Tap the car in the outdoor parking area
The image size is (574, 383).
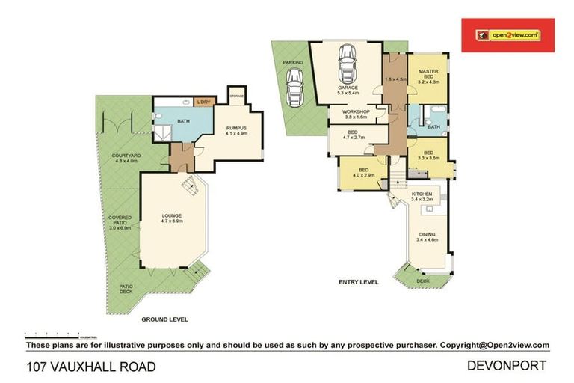(x=295, y=84)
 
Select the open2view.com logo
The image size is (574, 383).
(x=509, y=35)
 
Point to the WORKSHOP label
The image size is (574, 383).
(x=357, y=114)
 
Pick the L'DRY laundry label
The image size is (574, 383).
(x=203, y=103)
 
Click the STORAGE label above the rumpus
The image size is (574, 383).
(x=237, y=96)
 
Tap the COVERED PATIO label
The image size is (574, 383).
(x=120, y=223)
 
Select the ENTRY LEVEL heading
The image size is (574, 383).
(x=358, y=282)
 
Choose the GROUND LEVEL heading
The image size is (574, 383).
(x=164, y=319)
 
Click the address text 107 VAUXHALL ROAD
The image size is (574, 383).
(x=91, y=367)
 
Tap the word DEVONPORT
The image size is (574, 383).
(x=506, y=366)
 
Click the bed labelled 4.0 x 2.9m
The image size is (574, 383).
(x=362, y=173)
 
